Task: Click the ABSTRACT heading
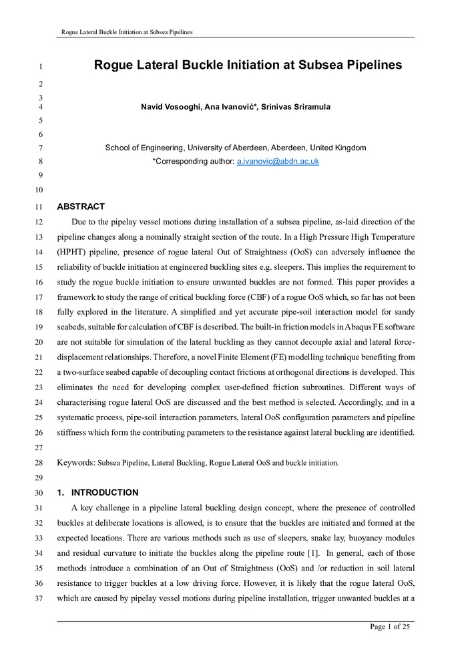point(81,206)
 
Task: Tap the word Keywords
point(76,462)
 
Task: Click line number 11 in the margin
point(40,207)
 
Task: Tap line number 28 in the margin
point(40,463)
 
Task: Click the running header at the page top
point(127,32)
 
